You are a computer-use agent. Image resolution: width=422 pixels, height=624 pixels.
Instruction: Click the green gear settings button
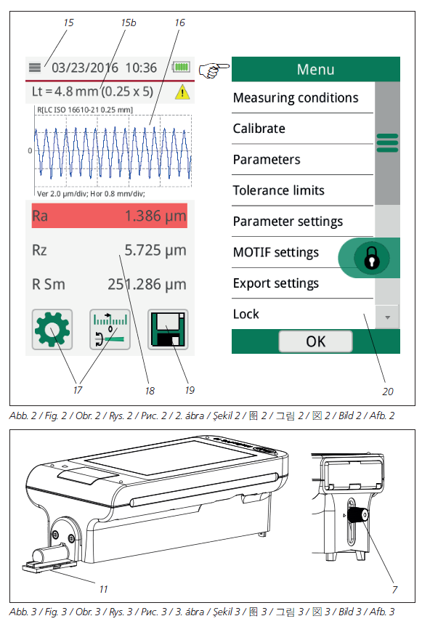[x=52, y=330]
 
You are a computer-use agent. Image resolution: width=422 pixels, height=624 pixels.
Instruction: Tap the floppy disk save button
[x=168, y=330]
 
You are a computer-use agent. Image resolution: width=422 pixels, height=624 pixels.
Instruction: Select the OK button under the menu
[x=315, y=341]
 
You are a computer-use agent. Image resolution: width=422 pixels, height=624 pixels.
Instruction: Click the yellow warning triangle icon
[x=182, y=92]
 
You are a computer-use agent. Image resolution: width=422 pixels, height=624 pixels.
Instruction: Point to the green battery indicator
[x=182, y=67]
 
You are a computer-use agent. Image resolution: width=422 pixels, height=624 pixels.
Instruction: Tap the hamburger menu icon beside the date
[x=35, y=68]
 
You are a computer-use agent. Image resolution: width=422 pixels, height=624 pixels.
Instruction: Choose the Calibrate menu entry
[x=259, y=129]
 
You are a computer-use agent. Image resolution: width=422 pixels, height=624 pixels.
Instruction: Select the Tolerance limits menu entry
[x=278, y=190]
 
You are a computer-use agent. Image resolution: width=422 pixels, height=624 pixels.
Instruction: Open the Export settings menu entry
[x=275, y=283]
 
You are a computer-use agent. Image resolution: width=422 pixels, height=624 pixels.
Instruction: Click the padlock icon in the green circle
[x=371, y=258]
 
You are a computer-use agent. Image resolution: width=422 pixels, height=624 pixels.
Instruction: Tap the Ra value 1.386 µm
[x=155, y=216]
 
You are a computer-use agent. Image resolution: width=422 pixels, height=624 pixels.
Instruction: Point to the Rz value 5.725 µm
[x=155, y=251]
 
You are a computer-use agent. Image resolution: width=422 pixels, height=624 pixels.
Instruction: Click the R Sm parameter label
[x=49, y=285]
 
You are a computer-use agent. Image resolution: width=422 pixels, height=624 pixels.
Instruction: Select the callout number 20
[x=388, y=392]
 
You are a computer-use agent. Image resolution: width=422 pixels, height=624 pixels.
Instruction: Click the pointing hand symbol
[x=214, y=70]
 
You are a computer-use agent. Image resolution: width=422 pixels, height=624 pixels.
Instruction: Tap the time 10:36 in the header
[x=141, y=68]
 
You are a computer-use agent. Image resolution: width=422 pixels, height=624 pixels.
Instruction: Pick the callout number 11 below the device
[x=103, y=589]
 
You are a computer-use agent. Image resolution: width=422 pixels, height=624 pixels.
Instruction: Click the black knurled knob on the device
[x=357, y=514]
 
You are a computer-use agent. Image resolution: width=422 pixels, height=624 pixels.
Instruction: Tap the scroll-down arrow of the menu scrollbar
[x=387, y=317]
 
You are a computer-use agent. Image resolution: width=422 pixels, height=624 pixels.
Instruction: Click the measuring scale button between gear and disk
[x=110, y=330]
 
